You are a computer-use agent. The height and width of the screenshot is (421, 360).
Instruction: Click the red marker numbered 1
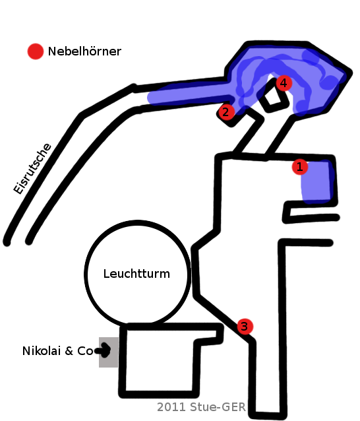299,167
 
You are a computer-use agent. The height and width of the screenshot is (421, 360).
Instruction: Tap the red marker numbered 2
226,112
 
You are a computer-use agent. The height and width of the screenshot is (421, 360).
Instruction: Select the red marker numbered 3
245,327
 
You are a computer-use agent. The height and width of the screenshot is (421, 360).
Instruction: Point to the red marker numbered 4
284,83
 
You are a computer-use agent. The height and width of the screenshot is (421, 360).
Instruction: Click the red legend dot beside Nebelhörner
36,51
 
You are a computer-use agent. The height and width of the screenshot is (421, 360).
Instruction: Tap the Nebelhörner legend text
84,51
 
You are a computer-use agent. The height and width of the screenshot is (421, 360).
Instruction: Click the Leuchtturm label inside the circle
136,274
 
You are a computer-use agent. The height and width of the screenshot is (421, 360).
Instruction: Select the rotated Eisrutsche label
32,169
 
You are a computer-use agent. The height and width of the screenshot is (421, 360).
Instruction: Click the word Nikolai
42,351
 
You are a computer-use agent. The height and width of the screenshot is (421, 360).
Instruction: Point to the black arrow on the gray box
103,350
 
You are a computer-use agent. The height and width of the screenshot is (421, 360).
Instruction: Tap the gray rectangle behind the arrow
109,352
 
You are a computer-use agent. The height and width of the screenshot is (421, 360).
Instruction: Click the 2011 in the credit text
171,407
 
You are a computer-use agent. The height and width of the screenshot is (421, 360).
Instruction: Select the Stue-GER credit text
218,407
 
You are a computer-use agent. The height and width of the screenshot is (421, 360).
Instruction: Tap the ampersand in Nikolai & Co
69,351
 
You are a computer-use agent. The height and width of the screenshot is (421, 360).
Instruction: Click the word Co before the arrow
85,351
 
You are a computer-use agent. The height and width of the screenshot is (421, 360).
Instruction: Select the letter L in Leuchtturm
106,274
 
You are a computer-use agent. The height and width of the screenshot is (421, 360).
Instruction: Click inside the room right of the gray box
160,360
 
